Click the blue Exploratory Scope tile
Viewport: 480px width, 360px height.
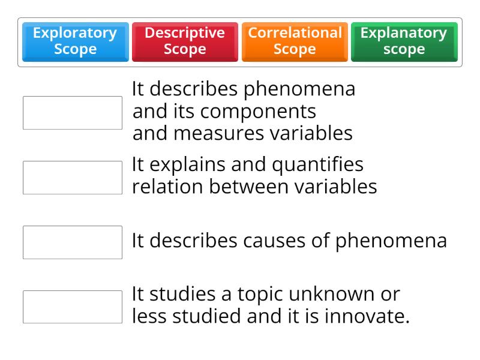(x=75, y=41)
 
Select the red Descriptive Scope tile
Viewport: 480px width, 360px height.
(x=185, y=41)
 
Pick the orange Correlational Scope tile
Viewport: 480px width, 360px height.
(x=295, y=41)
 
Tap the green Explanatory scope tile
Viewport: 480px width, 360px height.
(x=404, y=41)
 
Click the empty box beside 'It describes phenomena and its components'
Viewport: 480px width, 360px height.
(x=73, y=113)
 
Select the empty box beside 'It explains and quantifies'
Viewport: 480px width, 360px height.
(x=73, y=178)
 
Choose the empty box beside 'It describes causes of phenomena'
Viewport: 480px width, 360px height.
(x=73, y=242)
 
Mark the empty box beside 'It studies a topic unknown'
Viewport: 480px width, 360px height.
(x=73, y=307)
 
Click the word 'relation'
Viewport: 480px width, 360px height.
(x=168, y=187)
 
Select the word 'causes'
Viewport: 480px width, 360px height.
(x=274, y=241)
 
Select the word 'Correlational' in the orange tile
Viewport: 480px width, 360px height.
(x=295, y=33)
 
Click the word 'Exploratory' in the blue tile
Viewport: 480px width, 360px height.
(x=75, y=33)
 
